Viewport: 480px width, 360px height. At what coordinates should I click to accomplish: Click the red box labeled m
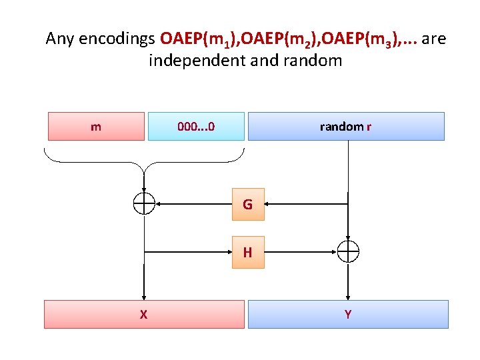tap(96, 126)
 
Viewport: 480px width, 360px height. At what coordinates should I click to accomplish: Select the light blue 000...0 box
tap(196, 126)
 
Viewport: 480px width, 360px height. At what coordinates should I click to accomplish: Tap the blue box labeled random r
tap(346, 126)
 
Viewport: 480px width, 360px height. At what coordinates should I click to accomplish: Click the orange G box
tap(248, 204)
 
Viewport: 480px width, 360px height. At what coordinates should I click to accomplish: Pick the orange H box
tap(248, 252)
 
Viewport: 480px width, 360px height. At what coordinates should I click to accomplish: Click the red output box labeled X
tap(144, 314)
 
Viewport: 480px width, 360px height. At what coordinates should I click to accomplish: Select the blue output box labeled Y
tap(348, 314)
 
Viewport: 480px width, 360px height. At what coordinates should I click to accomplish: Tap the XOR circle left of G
tap(144, 204)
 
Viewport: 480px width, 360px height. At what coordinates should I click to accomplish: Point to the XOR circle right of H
tap(348, 252)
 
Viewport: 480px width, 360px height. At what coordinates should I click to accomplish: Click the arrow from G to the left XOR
tap(193, 204)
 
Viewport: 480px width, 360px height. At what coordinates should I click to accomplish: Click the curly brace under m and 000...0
tap(144, 160)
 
